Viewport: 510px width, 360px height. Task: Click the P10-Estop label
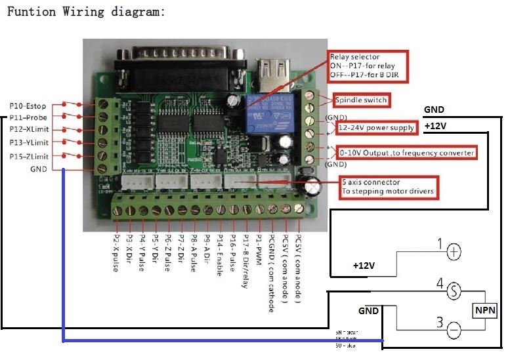[27, 105]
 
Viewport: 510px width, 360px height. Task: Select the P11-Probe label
[28, 118]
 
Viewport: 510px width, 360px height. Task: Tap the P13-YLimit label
[29, 143]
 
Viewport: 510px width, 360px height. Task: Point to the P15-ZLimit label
[29, 156]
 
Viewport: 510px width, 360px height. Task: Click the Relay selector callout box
[368, 67]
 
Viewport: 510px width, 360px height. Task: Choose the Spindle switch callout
[361, 100]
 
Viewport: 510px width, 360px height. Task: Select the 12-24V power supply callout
[377, 127]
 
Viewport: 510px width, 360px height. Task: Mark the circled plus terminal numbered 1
[454, 250]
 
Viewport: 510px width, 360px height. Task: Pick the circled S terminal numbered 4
[454, 290]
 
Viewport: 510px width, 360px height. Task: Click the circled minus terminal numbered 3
[454, 330]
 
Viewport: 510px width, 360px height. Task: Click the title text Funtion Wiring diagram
[85, 12]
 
